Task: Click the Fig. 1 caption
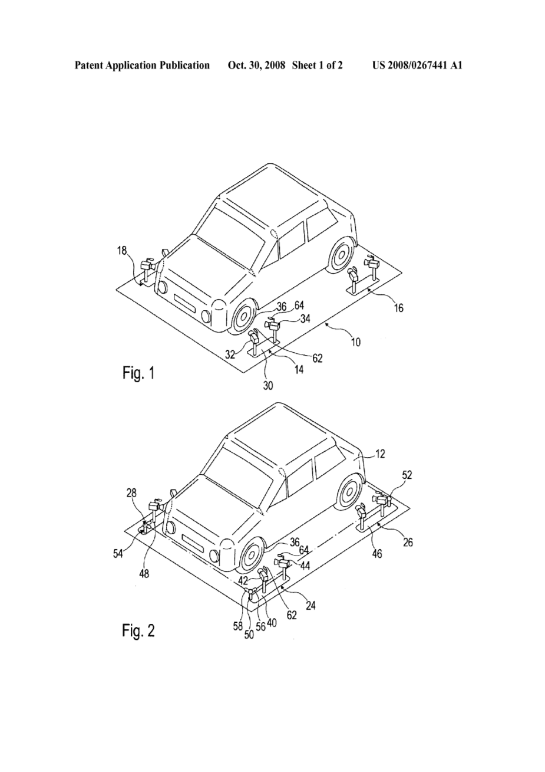point(138,373)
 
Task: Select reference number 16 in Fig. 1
point(398,307)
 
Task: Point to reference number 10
point(356,342)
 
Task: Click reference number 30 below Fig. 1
point(268,385)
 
